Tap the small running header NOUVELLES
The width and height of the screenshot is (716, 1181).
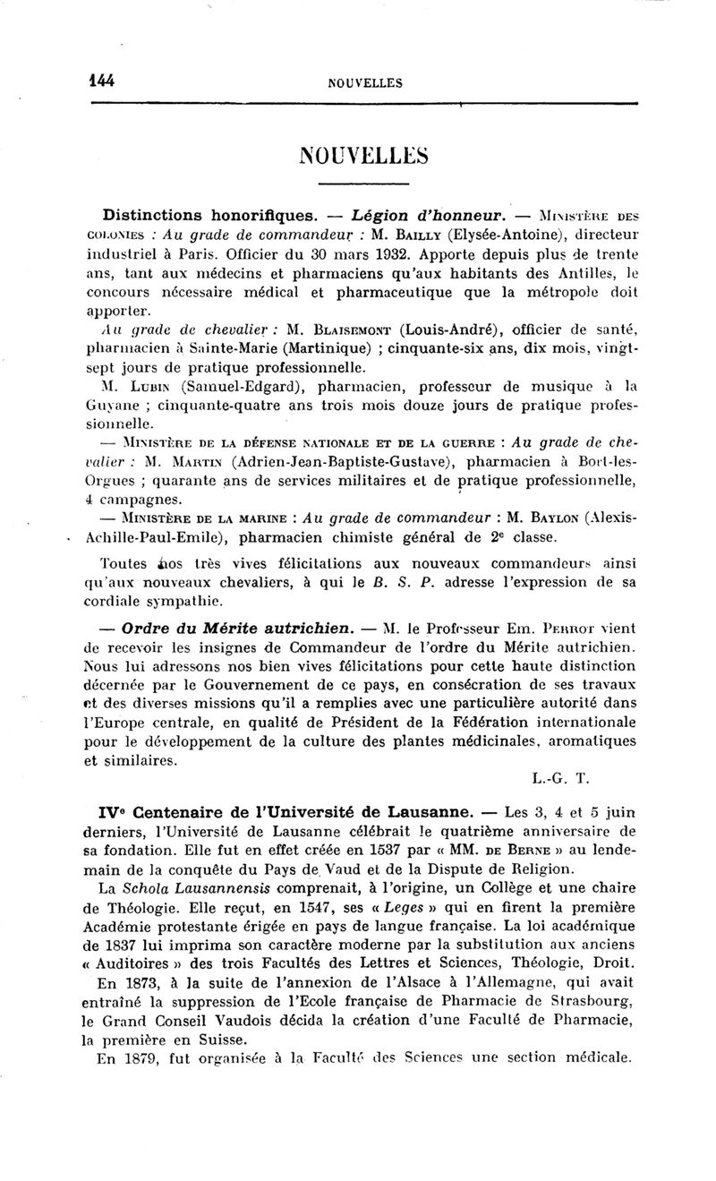(365, 83)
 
